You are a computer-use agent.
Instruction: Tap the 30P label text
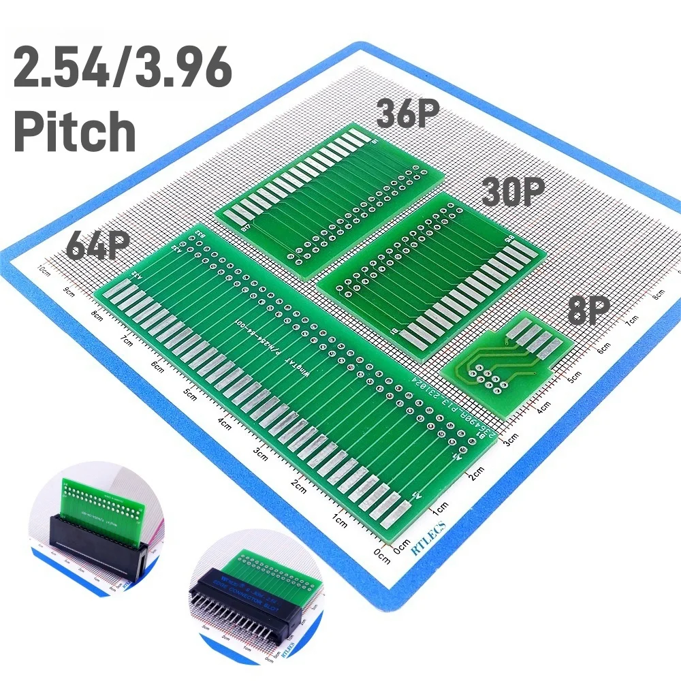[513, 192]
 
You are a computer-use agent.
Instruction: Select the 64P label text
[97, 245]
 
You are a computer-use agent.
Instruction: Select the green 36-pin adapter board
[330, 197]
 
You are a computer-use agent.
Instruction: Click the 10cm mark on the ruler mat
[44, 270]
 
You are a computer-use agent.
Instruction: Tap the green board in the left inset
[102, 501]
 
